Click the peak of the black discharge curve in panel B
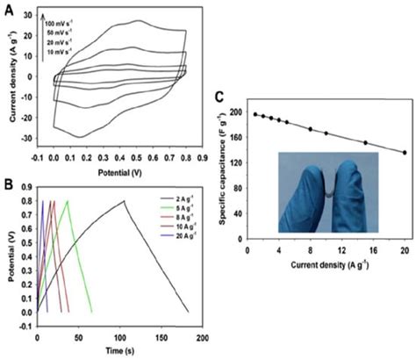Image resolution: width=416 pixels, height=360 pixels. (124, 201)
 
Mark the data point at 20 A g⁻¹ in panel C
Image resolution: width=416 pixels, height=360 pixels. (405, 153)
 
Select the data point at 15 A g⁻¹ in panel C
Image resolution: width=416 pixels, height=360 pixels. (365, 142)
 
